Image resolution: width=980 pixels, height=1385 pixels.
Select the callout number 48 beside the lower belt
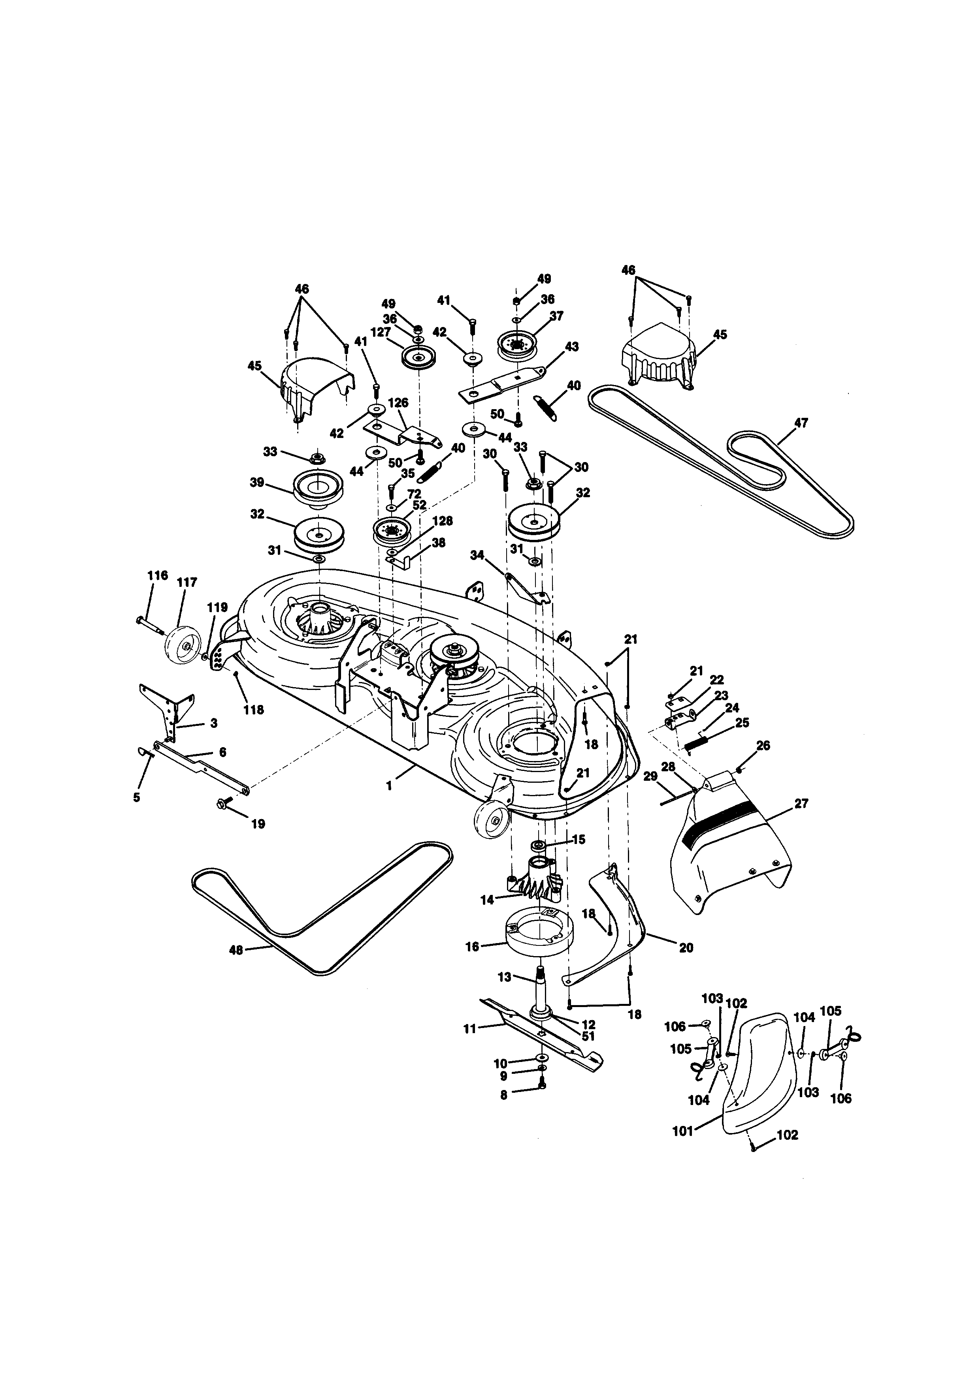(x=236, y=950)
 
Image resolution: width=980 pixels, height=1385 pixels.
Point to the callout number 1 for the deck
(x=389, y=786)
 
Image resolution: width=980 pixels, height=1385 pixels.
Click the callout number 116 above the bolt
(x=158, y=575)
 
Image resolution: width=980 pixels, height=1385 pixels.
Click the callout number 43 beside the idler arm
(x=571, y=347)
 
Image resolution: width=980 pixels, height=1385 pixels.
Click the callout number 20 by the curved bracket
(x=686, y=948)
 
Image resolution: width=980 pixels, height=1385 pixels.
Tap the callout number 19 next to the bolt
(x=258, y=824)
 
